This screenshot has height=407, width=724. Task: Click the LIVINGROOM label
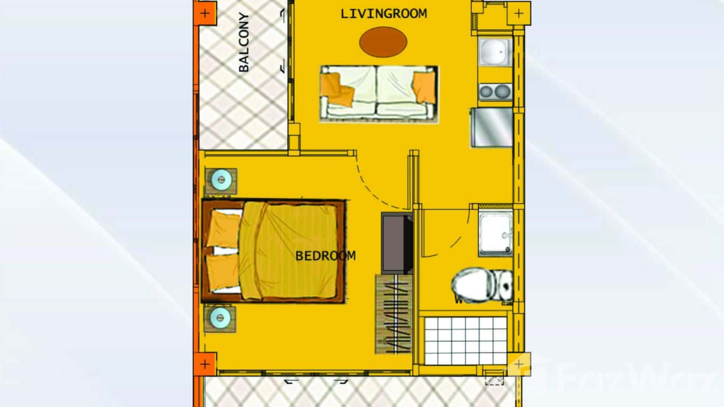384,13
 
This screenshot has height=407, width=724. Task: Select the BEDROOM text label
325,256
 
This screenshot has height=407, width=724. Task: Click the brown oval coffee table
383,41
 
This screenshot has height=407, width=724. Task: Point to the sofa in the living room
379,93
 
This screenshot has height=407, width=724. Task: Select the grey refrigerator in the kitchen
491,127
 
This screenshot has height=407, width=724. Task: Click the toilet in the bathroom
482,286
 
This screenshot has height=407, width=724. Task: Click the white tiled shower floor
466,340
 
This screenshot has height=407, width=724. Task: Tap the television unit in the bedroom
397,243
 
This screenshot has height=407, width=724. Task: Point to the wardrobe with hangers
394,314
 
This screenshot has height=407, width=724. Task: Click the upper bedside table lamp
220,179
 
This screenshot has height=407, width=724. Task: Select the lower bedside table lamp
220,317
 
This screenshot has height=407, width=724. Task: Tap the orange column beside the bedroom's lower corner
205,364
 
